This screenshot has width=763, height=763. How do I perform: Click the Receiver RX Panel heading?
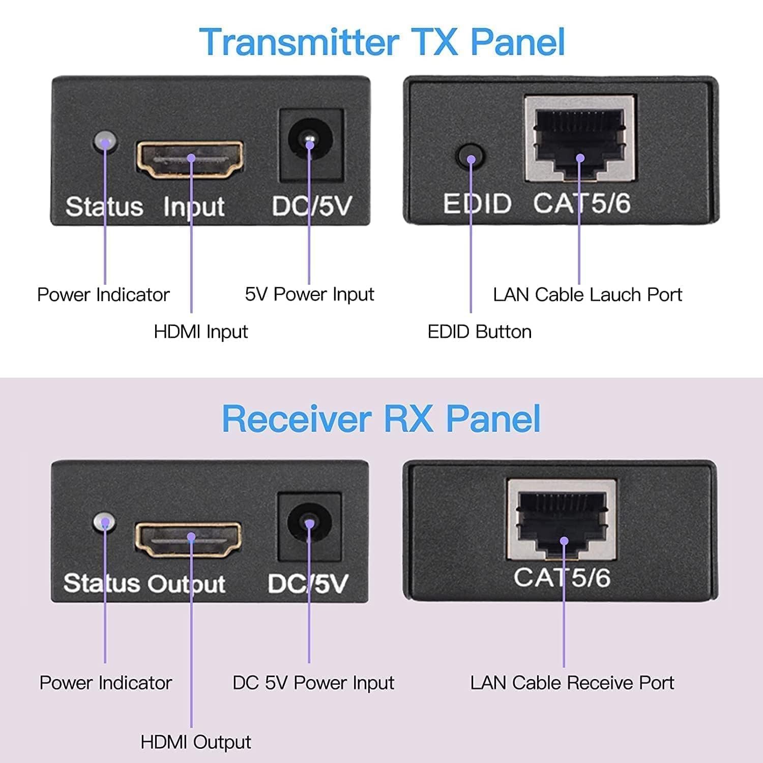coord(381,419)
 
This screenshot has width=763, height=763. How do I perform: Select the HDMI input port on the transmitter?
coord(189,160)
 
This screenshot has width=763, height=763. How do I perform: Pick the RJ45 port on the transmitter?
coord(580,138)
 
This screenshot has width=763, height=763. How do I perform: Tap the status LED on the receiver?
coord(104,522)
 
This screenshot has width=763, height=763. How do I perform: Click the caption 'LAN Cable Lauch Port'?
coord(588,295)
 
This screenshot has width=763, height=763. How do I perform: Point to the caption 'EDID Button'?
coord(480,332)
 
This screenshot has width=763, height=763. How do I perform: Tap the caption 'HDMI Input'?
coord(201,332)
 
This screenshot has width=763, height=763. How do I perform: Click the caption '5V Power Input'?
coord(309,294)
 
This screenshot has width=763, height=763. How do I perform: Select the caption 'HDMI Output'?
coord(196,742)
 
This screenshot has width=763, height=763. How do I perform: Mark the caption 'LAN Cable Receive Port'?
coord(572,683)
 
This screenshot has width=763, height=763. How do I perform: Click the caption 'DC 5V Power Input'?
coord(313,683)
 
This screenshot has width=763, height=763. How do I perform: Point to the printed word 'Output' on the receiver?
coord(188,584)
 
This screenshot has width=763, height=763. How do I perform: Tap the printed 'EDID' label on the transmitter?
coord(477,204)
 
